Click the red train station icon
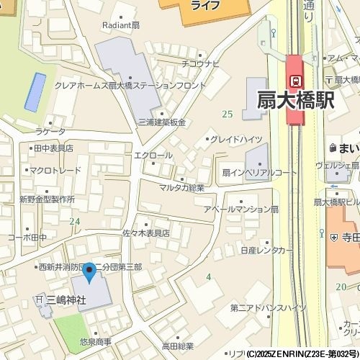coord(295,79)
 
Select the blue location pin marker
coord(89,274)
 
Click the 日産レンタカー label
coord(268,250)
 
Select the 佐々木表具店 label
coord(145,233)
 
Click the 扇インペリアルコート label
coord(259,173)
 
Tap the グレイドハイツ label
coord(236,138)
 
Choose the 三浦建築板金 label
coord(162,122)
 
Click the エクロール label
coord(153,155)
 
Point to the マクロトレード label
coord(55,171)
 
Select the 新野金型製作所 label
coord(47,198)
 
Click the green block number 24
coord(75,221)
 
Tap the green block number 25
coord(228,114)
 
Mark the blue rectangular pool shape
coord(35,91)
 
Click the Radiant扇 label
coord(120,24)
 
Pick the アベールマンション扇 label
coord(240,208)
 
